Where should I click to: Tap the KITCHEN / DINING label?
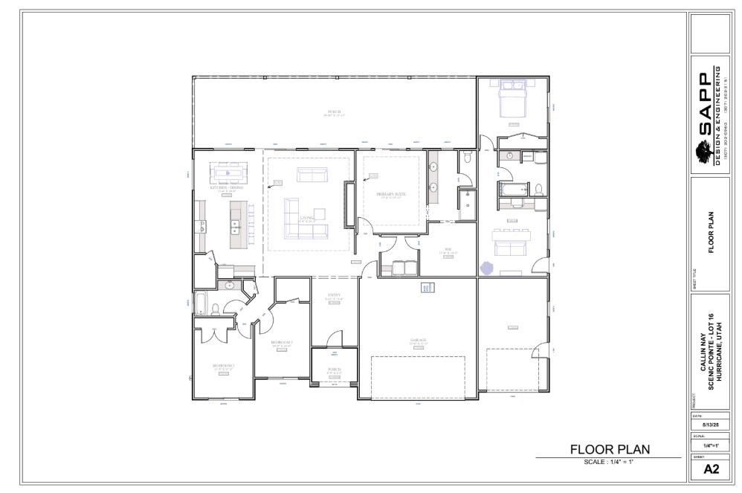[x=226, y=187]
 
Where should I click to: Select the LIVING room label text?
[x=306, y=219]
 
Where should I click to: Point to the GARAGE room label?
[x=419, y=341]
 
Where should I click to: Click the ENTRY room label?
[x=335, y=296]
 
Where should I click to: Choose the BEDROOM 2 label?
[x=223, y=366]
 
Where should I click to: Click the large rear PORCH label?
[x=334, y=113]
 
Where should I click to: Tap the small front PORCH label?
[x=335, y=370]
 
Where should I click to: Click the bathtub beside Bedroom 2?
[x=201, y=303]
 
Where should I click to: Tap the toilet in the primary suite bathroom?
[x=467, y=158]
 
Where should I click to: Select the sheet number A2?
[x=710, y=468]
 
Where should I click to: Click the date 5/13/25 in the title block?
[x=710, y=425]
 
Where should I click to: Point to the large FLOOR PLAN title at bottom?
[x=609, y=449]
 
